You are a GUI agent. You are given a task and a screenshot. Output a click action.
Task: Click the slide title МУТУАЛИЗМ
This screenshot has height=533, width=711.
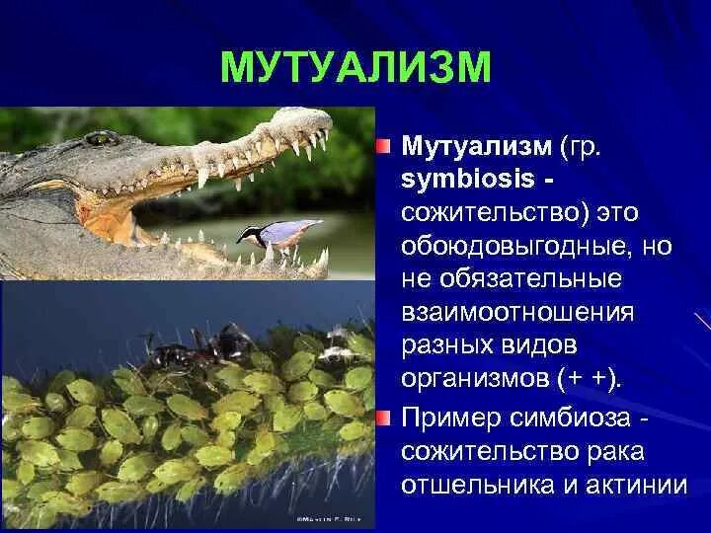(x=355, y=66)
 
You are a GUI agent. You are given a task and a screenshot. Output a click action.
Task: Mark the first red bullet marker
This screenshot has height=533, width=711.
(x=383, y=147)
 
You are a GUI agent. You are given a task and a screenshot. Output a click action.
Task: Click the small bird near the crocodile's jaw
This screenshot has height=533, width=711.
(x=276, y=232)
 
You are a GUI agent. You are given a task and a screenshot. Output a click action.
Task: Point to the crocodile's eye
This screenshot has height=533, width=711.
(x=101, y=138)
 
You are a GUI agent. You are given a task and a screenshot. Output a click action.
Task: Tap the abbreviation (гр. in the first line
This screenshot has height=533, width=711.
(x=587, y=147)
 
